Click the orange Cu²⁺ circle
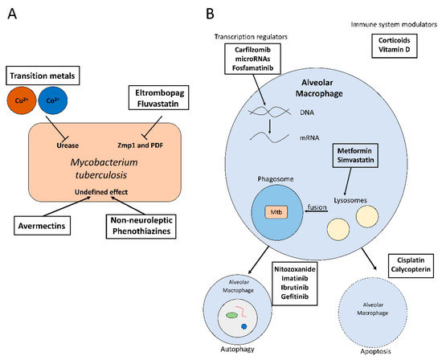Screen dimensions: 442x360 [22, 100]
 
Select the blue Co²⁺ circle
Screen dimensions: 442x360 [53, 100]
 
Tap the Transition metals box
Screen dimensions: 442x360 [43, 76]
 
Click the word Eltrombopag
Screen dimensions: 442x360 [160, 93]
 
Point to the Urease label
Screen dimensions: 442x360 [68, 145]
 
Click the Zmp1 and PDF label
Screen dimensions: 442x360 [140, 145]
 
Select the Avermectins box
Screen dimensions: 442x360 [42, 226]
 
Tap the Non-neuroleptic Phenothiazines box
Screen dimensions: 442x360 [141, 227]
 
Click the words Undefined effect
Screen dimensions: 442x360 [101, 192]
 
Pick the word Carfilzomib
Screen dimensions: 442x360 [252, 50]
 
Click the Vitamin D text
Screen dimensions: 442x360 [394, 50]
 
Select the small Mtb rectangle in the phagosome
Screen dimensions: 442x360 [276, 212]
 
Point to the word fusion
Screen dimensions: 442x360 [317, 207]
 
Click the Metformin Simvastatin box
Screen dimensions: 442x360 [355, 155]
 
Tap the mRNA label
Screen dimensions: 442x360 [309, 138]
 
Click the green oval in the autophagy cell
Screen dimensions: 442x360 [231, 316]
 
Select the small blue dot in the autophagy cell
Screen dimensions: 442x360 [244, 326]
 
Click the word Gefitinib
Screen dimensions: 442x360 [295, 297]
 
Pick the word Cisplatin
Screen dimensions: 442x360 [411, 260]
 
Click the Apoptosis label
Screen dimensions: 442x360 [376, 351]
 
